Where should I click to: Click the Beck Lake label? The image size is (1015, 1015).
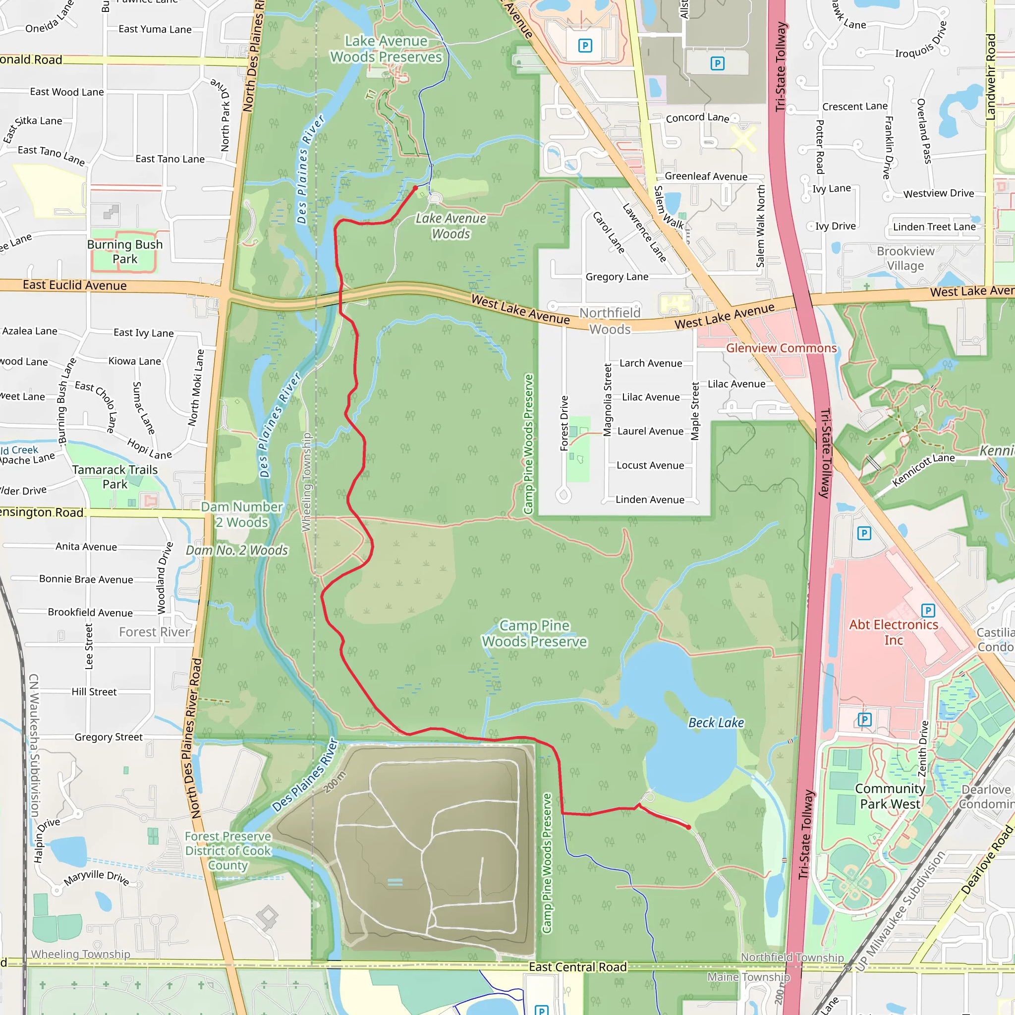[x=716, y=723]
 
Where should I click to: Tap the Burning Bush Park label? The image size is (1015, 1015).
[x=124, y=252]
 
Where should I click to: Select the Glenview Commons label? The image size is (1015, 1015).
[x=781, y=348]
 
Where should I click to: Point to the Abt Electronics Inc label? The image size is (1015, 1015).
[x=893, y=632]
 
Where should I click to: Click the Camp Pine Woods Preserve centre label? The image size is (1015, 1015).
[x=534, y=633]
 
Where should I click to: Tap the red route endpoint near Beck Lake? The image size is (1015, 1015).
[x=689, y=828]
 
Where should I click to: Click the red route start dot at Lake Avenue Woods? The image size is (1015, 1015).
[x=415, y=187]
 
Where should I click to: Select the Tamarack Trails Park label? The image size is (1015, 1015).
[x=114, y=477]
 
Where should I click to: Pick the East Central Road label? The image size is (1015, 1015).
[x=577, y=966]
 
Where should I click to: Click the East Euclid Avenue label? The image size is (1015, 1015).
[x=75, y=285]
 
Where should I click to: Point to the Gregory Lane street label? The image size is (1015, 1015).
[x=617, y=277]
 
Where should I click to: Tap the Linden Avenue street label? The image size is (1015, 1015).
[x=649, y=500]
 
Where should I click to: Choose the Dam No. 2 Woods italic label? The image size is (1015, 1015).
[x=237, y=550]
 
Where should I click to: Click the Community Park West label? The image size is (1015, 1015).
[x=890, y=796]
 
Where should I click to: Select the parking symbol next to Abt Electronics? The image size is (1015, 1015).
[x=928, y=611]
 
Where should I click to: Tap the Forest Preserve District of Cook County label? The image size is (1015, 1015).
[x=227, y=850]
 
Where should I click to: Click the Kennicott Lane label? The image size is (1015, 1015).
[x=923, y=469]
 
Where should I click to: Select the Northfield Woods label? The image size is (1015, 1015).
[x=610, y=321]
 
